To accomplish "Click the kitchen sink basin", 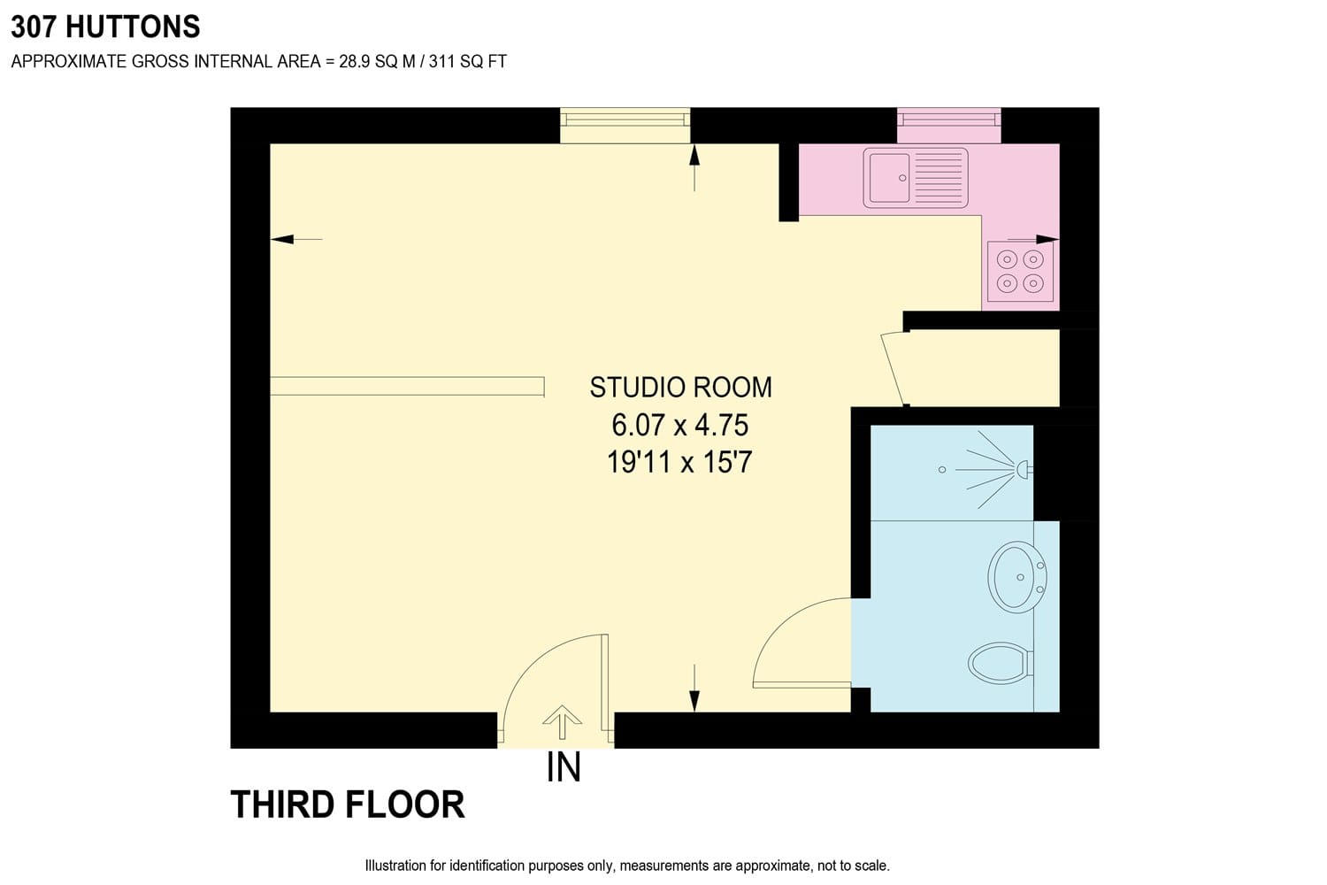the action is coord(890,178).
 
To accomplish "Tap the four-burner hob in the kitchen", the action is coord(1020,272).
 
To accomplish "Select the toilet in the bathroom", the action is coord(1001,663).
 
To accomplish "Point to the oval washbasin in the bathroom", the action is coord(1017,577).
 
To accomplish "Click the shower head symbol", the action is coord(1024,469).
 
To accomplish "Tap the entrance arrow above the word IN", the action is coord(562,722).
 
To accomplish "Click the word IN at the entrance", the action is coord(564,767).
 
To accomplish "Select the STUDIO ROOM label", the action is coord(680,388).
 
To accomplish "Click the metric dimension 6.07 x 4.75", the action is coord(680,425).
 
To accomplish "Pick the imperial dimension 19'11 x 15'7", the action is coord(679,462).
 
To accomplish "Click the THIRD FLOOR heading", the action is coord(348,804).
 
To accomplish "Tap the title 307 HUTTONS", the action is coord(105,27).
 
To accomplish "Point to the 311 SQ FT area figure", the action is coord(468,62).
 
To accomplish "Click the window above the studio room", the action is coord(625,125).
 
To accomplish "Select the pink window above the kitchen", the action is coord(949,125).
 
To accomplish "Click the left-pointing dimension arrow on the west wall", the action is coord(296,240).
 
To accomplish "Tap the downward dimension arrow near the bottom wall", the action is coord(694,688).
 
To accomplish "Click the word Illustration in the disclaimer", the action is coord(395,866).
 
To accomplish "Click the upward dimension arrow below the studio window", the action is coord(694,168).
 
